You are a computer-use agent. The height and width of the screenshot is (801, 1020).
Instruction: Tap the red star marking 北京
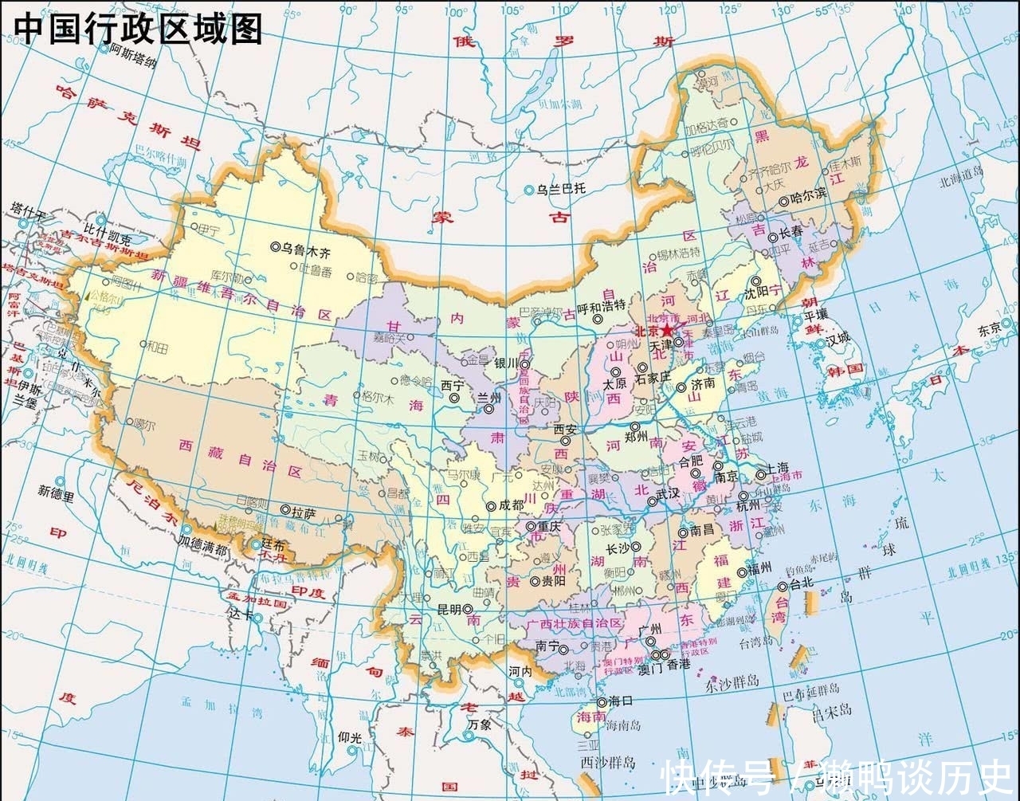(666, 330)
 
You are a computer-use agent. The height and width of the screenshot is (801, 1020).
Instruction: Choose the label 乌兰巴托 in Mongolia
(561, 189)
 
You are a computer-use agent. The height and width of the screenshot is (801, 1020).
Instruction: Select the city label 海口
(620, 701)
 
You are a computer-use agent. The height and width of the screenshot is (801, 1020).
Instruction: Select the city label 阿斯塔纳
(134, 53)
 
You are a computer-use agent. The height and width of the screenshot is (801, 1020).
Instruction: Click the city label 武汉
(668, 493)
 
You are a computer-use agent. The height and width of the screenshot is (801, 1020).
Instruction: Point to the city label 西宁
(452, 384)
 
